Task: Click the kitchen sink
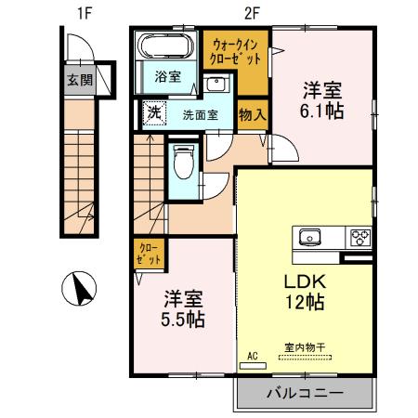pos(308,237)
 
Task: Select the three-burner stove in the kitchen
pos(359,237)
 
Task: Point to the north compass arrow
pos(81,290)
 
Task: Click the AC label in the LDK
pos(252,355)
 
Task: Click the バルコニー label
pos(306,393)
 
